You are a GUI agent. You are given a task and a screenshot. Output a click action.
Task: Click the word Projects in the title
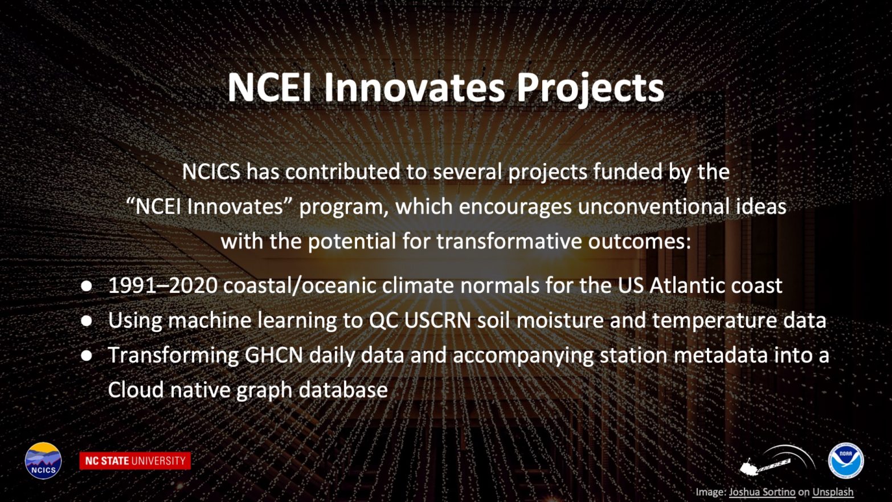(x=591, y=88)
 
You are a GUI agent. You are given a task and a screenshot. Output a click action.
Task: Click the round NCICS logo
(x=43, y=460)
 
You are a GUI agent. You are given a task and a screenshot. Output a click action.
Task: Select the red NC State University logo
(x=135, y=461)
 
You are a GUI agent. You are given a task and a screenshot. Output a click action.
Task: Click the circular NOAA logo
(x=846, y=462)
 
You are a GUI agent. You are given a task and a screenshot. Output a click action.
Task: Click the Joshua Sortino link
(x=762, y=492)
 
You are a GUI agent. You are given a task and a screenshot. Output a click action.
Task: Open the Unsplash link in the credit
(x=833, y=492)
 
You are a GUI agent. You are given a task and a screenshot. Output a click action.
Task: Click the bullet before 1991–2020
(x=87, y=286)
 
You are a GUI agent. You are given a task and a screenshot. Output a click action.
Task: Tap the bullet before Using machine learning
(x=87, y=321)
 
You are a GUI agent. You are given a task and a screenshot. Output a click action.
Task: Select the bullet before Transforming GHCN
(x=87, y=356)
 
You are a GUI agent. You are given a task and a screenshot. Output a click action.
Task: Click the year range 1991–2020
(x=163, y=285)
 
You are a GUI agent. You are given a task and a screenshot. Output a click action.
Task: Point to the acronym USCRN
(x=437, y=320)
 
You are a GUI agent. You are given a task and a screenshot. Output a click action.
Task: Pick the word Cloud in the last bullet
(x=136, y=389)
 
